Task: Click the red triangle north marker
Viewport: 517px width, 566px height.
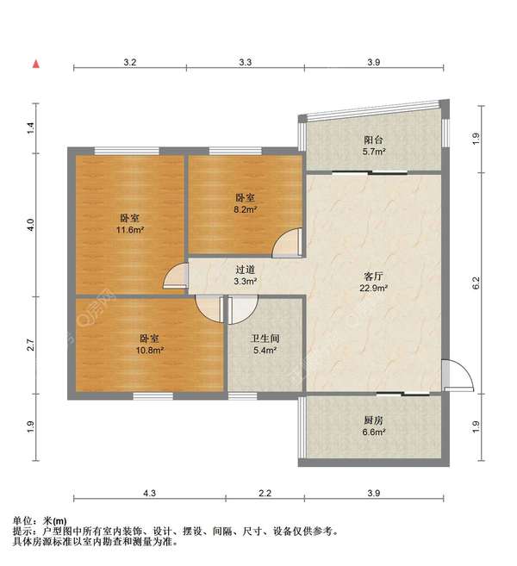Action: [x=35, y=64]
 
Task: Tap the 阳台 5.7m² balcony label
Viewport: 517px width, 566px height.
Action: [x=373, y=145]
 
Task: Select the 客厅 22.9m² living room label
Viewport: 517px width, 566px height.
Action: [x=373, y=283]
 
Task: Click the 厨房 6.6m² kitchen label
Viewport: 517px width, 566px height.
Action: [x=373, y=427]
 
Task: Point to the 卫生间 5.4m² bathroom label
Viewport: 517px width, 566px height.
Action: [x=264, y=345]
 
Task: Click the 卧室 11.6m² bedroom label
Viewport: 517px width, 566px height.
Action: [x=130, y=224]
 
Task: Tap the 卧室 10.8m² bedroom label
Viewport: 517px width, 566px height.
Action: [x=151, y=345]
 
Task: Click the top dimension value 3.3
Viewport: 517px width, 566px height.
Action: [x=245, y=63]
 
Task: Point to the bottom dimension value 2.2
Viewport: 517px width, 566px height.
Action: [x=265, y=494]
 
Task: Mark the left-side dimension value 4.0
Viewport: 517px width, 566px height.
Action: [x=31, y=225]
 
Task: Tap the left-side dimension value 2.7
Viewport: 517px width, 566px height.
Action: [x=31, y=345]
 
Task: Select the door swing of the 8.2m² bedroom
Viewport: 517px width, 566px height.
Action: [x=288, y=244]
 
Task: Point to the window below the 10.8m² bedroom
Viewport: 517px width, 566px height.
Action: [x=152, y=395]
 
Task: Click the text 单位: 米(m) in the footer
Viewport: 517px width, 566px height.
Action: [x=40, y=521]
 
